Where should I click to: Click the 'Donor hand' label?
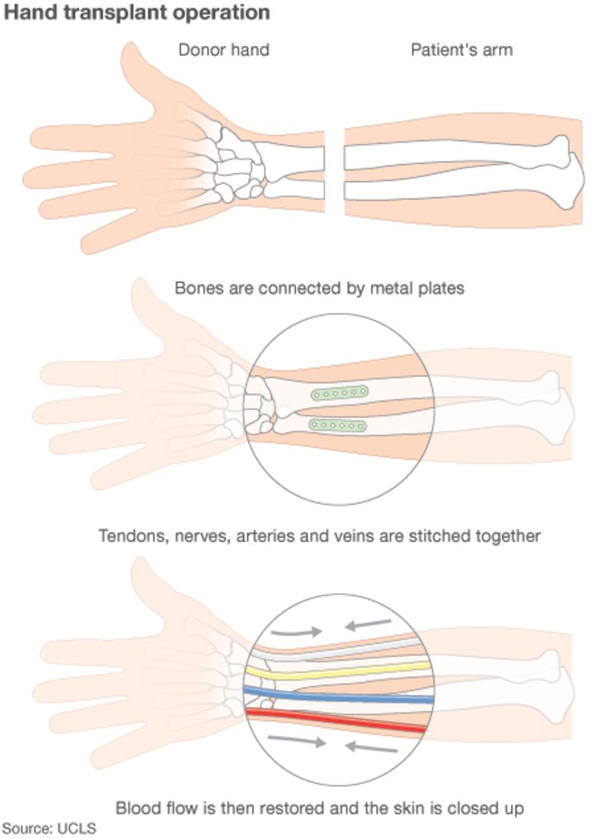224,51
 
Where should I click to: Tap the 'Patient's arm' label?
461,51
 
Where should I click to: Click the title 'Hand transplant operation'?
137,13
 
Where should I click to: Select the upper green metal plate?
339,393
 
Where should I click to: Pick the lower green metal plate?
336,425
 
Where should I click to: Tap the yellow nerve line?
337,671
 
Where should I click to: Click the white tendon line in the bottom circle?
337,650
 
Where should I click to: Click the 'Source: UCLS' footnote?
49,828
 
